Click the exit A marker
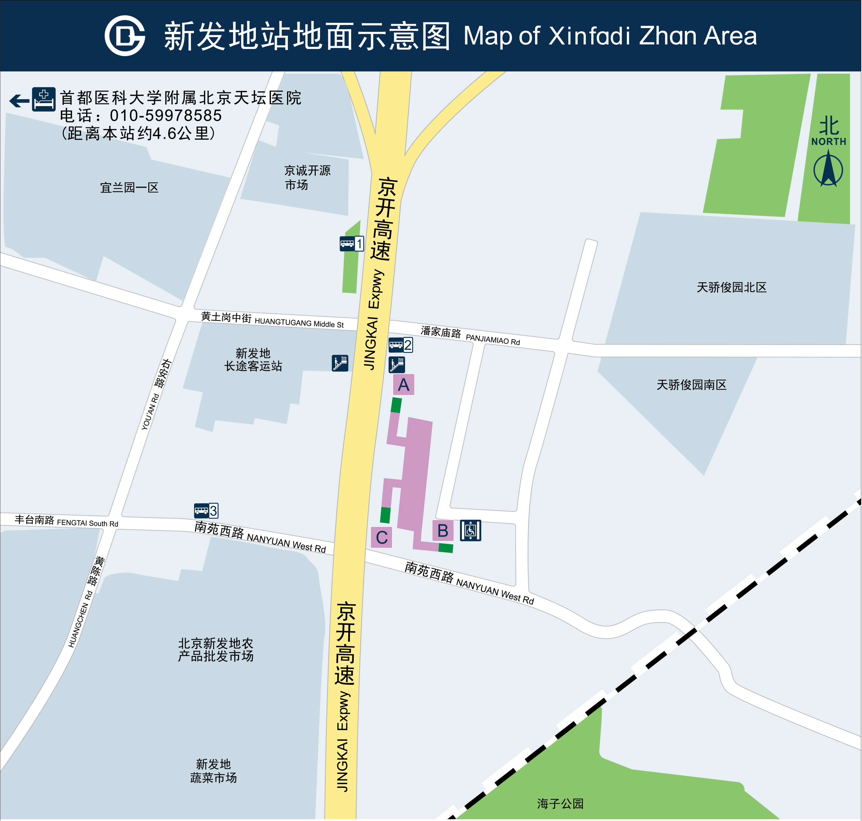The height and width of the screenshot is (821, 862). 403,385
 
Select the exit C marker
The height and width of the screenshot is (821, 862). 381,537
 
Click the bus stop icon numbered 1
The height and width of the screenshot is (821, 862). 352,243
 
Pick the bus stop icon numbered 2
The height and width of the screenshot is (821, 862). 400,345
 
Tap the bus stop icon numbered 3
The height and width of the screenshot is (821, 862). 206,510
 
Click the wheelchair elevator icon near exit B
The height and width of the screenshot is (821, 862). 470,530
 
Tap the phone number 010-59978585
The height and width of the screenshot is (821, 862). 165,116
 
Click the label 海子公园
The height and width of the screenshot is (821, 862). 560,803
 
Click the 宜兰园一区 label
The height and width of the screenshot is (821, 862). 129,188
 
